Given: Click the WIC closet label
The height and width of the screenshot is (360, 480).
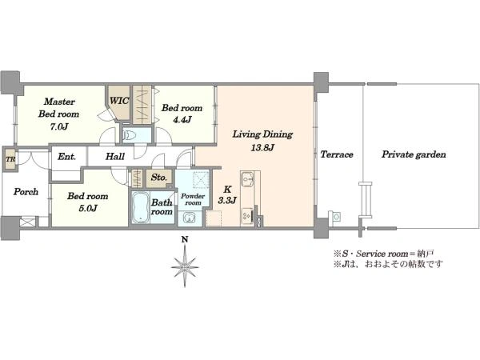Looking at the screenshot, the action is [119, 101].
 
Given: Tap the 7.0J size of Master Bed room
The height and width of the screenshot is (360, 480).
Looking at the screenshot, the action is [59, 126].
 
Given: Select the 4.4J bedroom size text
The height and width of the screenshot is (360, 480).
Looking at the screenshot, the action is [182, 120].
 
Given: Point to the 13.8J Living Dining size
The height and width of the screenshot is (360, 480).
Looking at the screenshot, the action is [262, 148].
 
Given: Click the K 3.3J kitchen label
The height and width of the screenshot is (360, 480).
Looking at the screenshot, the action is [227, 194].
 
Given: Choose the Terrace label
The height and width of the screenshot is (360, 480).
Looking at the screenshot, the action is [337, 154].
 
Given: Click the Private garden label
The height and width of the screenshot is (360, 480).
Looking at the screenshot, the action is [414, 154].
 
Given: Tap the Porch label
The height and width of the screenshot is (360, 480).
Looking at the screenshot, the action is [26, 192].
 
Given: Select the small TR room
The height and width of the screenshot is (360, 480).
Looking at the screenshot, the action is [10, 159].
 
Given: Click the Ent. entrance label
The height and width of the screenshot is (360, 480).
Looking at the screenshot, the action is [66, 157].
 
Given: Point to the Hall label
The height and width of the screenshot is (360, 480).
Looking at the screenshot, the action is [115, 157].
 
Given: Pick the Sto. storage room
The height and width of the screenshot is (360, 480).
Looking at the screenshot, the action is [159, 178].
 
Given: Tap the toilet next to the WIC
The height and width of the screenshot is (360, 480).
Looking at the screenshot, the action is [130, 135].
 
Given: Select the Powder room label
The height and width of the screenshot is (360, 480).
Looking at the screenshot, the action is [193, 199].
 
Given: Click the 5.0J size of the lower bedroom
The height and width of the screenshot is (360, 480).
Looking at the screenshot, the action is [88, 209].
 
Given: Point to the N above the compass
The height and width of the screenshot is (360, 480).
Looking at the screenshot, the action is [185, 240].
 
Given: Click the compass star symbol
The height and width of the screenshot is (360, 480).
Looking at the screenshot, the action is [185, 266].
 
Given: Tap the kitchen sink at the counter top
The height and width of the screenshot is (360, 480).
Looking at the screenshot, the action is [246, 178].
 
